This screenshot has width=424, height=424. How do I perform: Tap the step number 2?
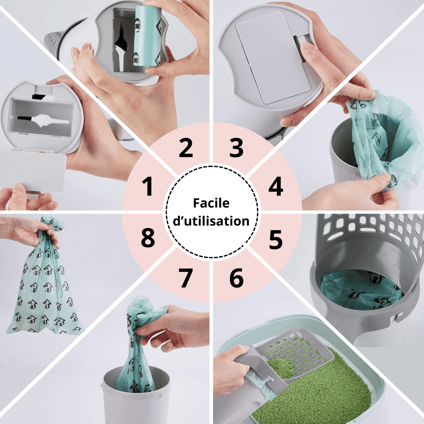(x=186, y=147)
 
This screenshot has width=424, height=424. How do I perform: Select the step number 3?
(x=237, y=147)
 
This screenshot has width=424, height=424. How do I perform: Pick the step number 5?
(x=276, y=239)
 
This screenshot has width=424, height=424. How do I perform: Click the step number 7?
(x=186, y=278)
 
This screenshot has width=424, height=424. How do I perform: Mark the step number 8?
(x=148, y=239)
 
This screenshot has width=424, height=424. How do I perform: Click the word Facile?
(x=211, y=203)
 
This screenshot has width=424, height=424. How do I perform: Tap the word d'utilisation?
(x=211, y=221)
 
